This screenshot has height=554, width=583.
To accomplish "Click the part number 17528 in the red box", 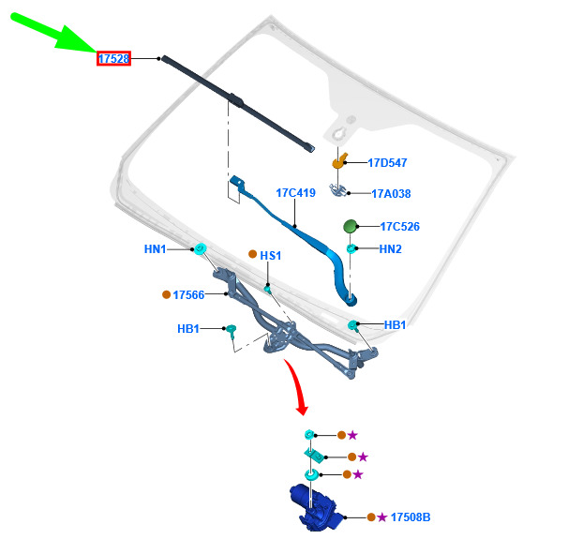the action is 113,58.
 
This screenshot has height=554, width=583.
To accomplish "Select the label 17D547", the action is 387,162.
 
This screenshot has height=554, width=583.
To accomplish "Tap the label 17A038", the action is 391,193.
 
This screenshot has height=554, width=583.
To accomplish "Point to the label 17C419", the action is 295,192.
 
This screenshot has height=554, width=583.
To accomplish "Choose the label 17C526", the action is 399,227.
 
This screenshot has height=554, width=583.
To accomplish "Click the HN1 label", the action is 155,249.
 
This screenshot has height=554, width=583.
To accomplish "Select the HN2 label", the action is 391,248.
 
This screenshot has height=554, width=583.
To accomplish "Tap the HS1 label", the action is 270,255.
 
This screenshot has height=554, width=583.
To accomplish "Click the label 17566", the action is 188,295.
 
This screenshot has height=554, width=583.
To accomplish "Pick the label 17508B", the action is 411,517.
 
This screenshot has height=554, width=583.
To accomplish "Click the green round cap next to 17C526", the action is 351,227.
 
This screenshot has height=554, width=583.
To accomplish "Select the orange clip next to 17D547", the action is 339,161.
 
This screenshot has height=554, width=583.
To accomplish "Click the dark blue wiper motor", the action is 316,508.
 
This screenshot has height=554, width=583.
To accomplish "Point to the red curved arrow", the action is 297,387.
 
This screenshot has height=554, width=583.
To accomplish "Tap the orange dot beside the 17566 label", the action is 167,294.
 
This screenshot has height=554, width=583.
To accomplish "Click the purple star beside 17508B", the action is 382,517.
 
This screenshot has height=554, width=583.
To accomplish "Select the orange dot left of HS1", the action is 252,254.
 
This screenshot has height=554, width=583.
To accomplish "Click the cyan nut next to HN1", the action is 201,248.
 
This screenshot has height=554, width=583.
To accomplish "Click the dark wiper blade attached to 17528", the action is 238,103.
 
